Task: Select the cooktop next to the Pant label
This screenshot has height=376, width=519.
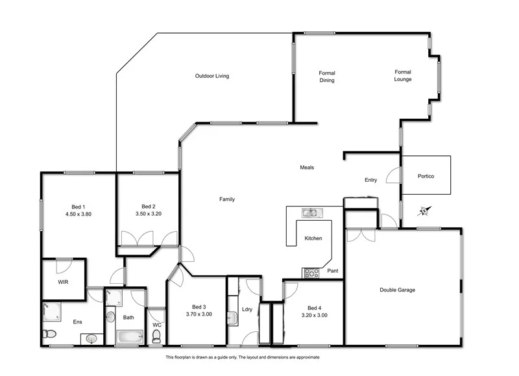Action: tap(311, 273)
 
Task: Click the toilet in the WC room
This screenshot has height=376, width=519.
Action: tap(156, 335)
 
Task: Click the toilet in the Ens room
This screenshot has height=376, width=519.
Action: tap(49, 334)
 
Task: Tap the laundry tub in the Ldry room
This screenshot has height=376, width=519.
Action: tap(232, 318)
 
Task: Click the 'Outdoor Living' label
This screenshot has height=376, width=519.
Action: tap(212, 76)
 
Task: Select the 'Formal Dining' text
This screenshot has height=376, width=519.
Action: tap(326, 77)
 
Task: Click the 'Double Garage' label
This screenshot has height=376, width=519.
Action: tap(397, 290)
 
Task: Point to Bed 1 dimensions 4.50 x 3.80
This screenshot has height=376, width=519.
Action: tap(78, 214)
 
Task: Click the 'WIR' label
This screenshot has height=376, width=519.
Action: tap(63, 282)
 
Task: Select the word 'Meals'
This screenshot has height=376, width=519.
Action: tap(307, 168)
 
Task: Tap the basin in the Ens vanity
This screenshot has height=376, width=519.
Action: tap(91, 338)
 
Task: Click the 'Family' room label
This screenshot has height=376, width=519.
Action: tap(227, 199)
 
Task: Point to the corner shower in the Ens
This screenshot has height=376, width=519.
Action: tap(51, 311)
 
